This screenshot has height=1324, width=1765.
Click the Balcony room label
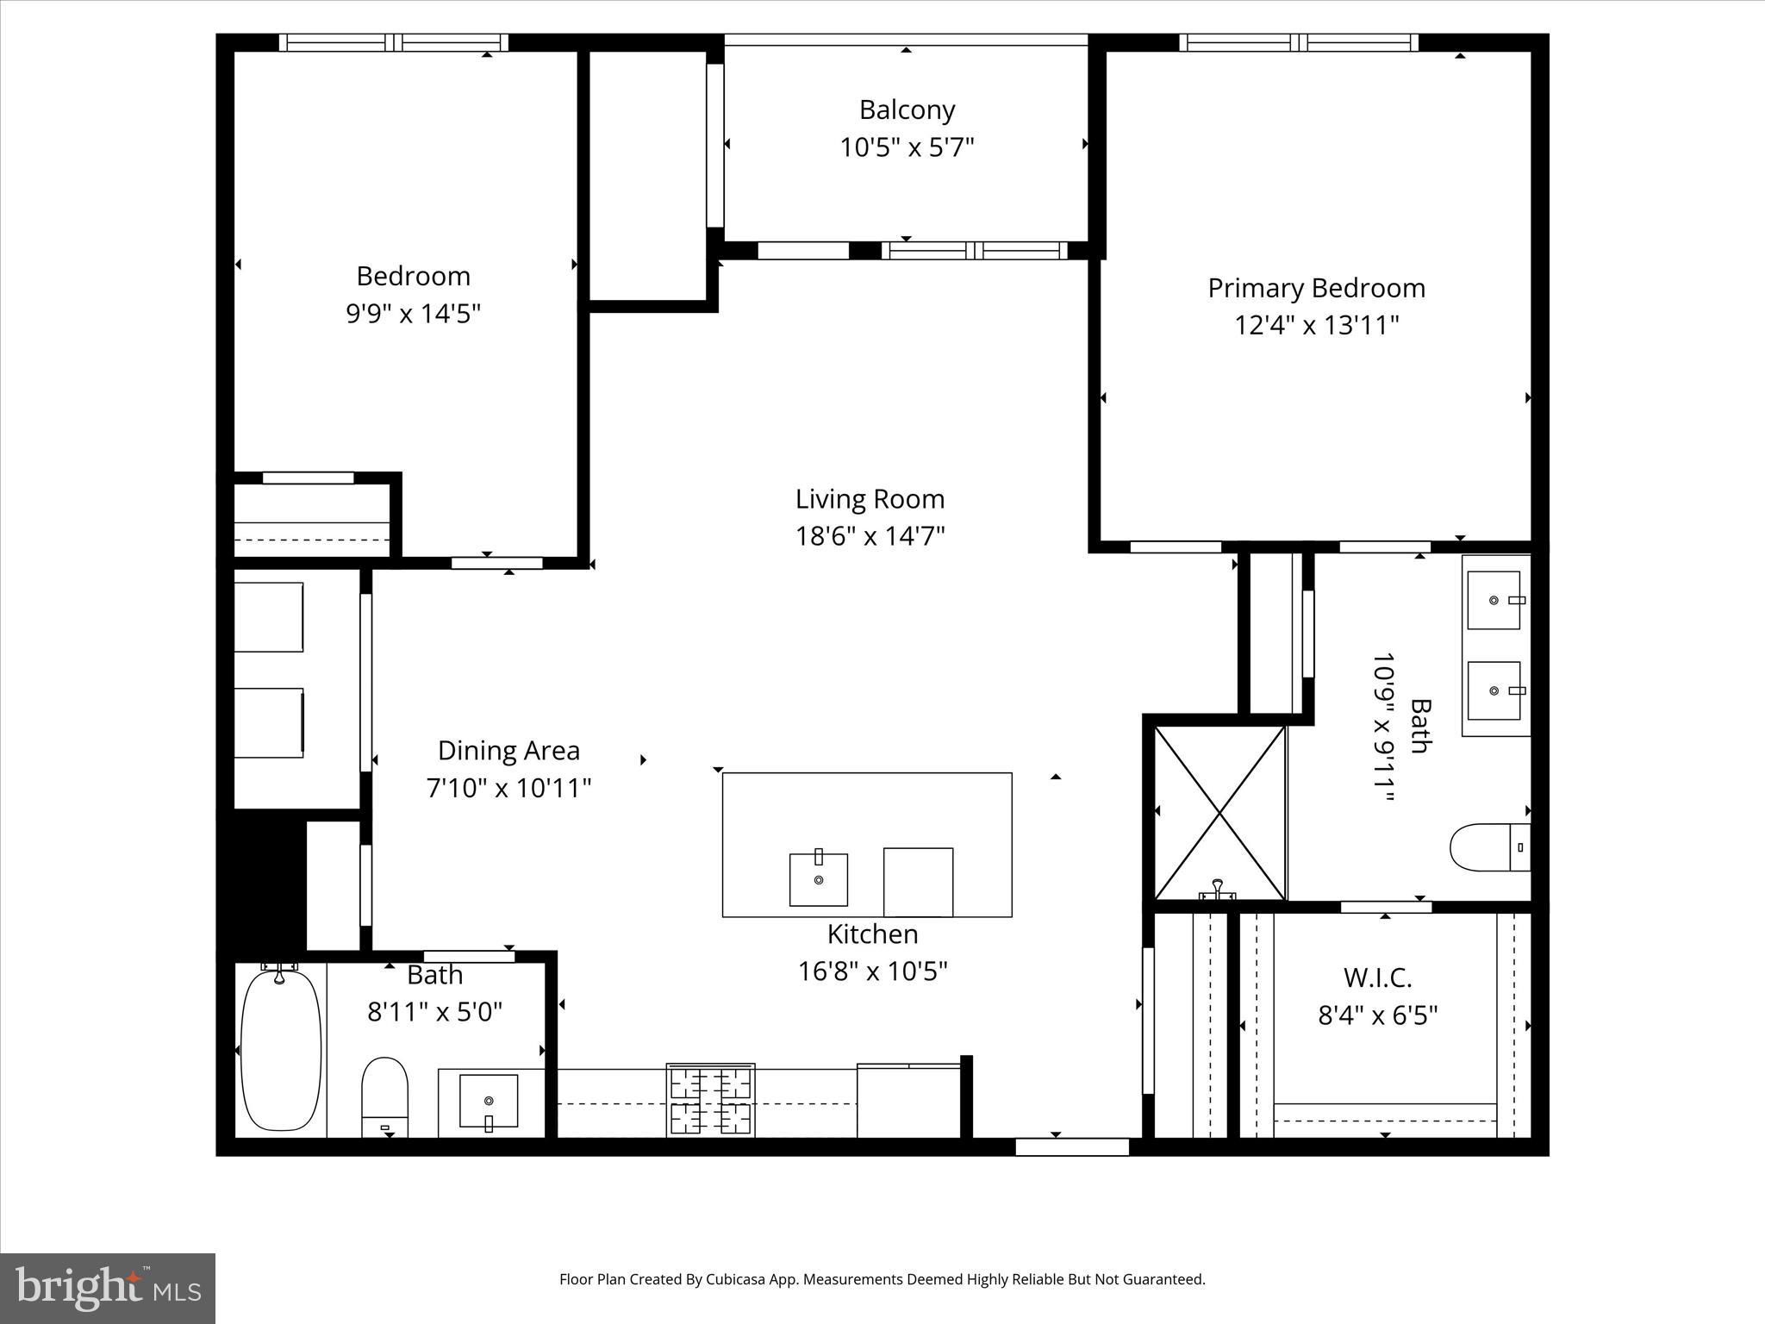[x=907, y=110]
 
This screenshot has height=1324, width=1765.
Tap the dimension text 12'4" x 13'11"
[x=1316, y=326]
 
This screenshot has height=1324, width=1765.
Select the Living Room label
[x=870, y=499]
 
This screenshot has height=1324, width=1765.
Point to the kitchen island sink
[x=819, y=879]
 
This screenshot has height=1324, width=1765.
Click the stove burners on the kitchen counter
[x=711, y=1101]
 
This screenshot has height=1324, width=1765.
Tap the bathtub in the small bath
[x=281, y=1050]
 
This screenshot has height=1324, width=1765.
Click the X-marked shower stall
[x=1219, y=813]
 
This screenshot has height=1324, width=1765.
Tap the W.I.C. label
[x=1377, y=978]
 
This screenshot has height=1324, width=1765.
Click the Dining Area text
[x=508, y=751]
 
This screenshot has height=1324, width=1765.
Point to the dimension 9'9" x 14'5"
[x=413, y=314]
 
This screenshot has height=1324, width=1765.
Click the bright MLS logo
[x=108, y=1288]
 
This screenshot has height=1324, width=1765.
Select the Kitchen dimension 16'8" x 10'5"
[x=872, y=971]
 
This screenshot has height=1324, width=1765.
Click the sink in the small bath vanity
[x=489, y=1101]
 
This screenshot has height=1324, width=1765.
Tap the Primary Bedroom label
[x=1316, y=288]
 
